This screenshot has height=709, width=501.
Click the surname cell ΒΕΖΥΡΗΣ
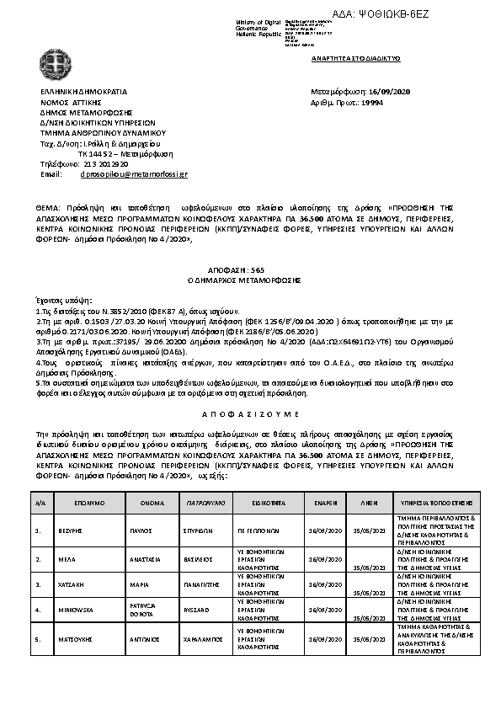tap(71, 532)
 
